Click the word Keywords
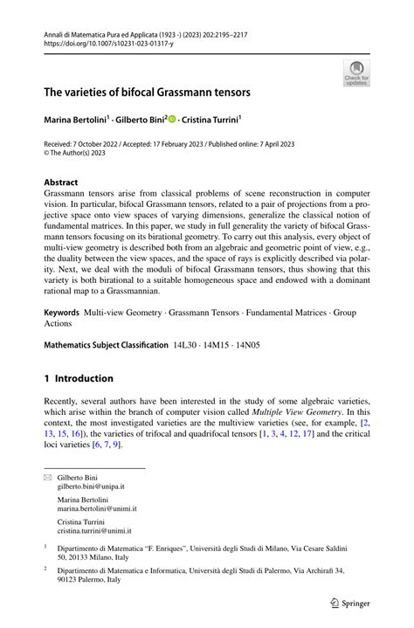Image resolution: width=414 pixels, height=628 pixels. (68, 311)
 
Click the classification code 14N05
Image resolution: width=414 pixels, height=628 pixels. (260, 345)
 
